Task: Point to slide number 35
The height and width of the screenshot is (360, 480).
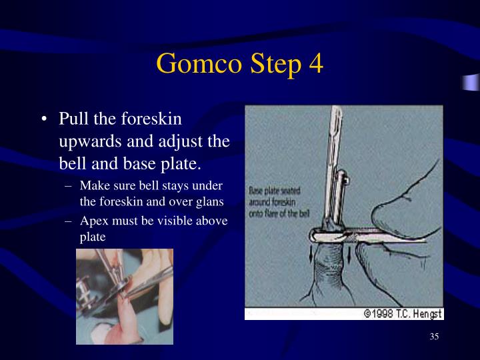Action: [x=434, y=337]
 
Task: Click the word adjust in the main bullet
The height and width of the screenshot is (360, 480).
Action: [x=189, y=141]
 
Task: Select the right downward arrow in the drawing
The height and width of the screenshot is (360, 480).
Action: [x=349, y=254]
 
